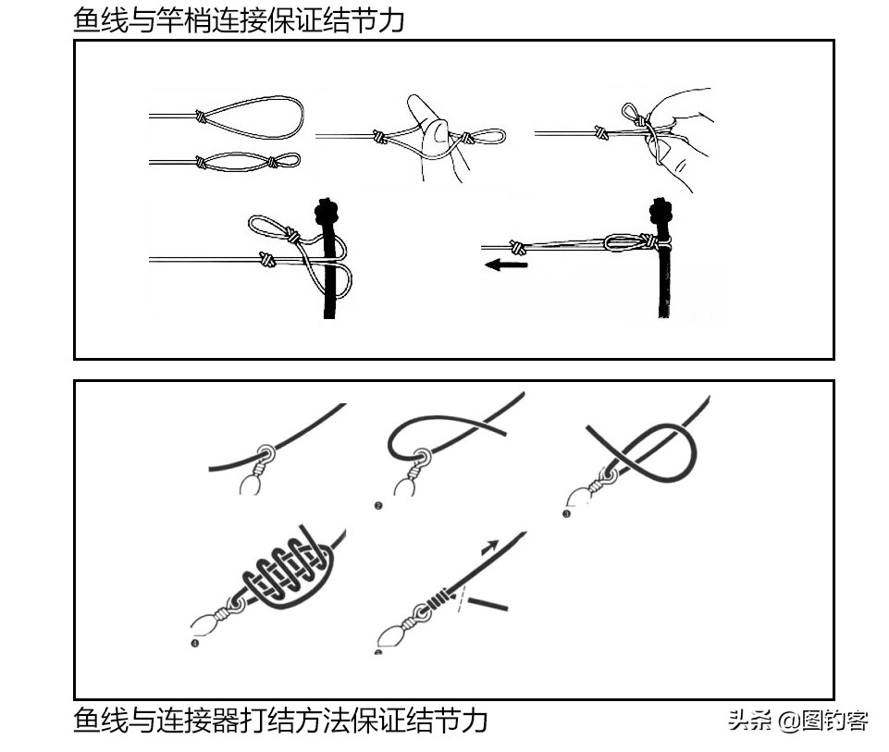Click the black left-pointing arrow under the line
506,265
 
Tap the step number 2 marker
378,506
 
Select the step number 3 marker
566,514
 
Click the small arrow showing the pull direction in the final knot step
490,547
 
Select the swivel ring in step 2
424,456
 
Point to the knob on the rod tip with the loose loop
325,214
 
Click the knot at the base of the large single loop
200,117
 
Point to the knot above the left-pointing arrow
519,247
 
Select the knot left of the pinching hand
602,133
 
